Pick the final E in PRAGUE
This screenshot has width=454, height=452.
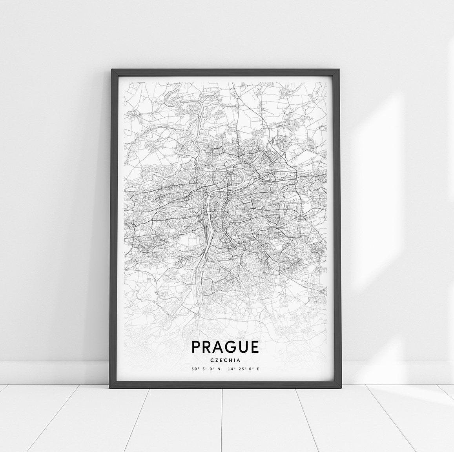point(255,347)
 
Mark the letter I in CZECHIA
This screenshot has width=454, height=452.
point(235,359)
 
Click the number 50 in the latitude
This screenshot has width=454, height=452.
point(194,369)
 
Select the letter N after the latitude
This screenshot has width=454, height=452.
point(219,369)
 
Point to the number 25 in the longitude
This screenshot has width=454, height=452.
point(241,369)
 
